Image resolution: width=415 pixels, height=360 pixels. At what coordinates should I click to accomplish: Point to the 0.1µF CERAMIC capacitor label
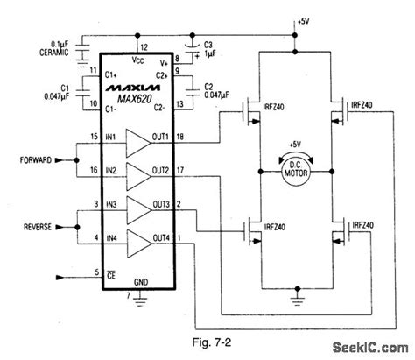click(x=55, y=46)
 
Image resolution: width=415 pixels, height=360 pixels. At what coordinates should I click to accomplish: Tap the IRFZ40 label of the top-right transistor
click(x=362, y=103)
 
